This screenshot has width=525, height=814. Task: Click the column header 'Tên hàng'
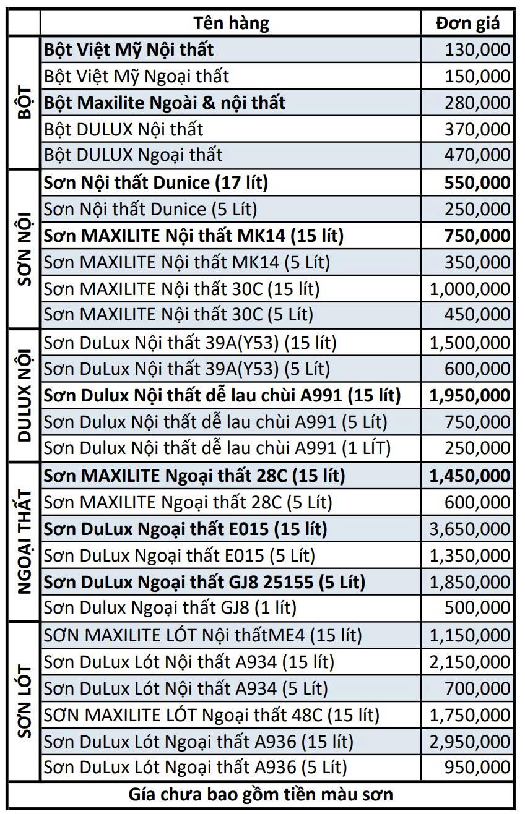point(231,24)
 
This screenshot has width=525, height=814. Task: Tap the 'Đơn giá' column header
point(467,24)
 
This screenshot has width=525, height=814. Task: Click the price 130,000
point(477,49)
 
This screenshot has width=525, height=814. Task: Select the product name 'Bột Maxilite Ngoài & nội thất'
point(165,103)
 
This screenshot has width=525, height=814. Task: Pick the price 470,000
point(477,155)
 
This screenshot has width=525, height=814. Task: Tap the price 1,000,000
point(470,289)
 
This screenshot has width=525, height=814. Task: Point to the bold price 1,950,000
point(470,395)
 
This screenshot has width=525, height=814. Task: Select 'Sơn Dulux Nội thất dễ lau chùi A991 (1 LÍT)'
point(217,448)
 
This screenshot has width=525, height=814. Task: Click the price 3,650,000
point(470,529)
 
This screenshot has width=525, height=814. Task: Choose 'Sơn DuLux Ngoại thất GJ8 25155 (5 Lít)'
point(204,582)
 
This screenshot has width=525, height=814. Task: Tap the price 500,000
point(477,608)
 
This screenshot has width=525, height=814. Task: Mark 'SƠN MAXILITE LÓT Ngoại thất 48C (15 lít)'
point(211,715)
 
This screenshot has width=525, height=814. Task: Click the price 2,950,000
point(470,741)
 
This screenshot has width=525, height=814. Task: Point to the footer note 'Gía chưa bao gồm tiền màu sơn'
point(261,794)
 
